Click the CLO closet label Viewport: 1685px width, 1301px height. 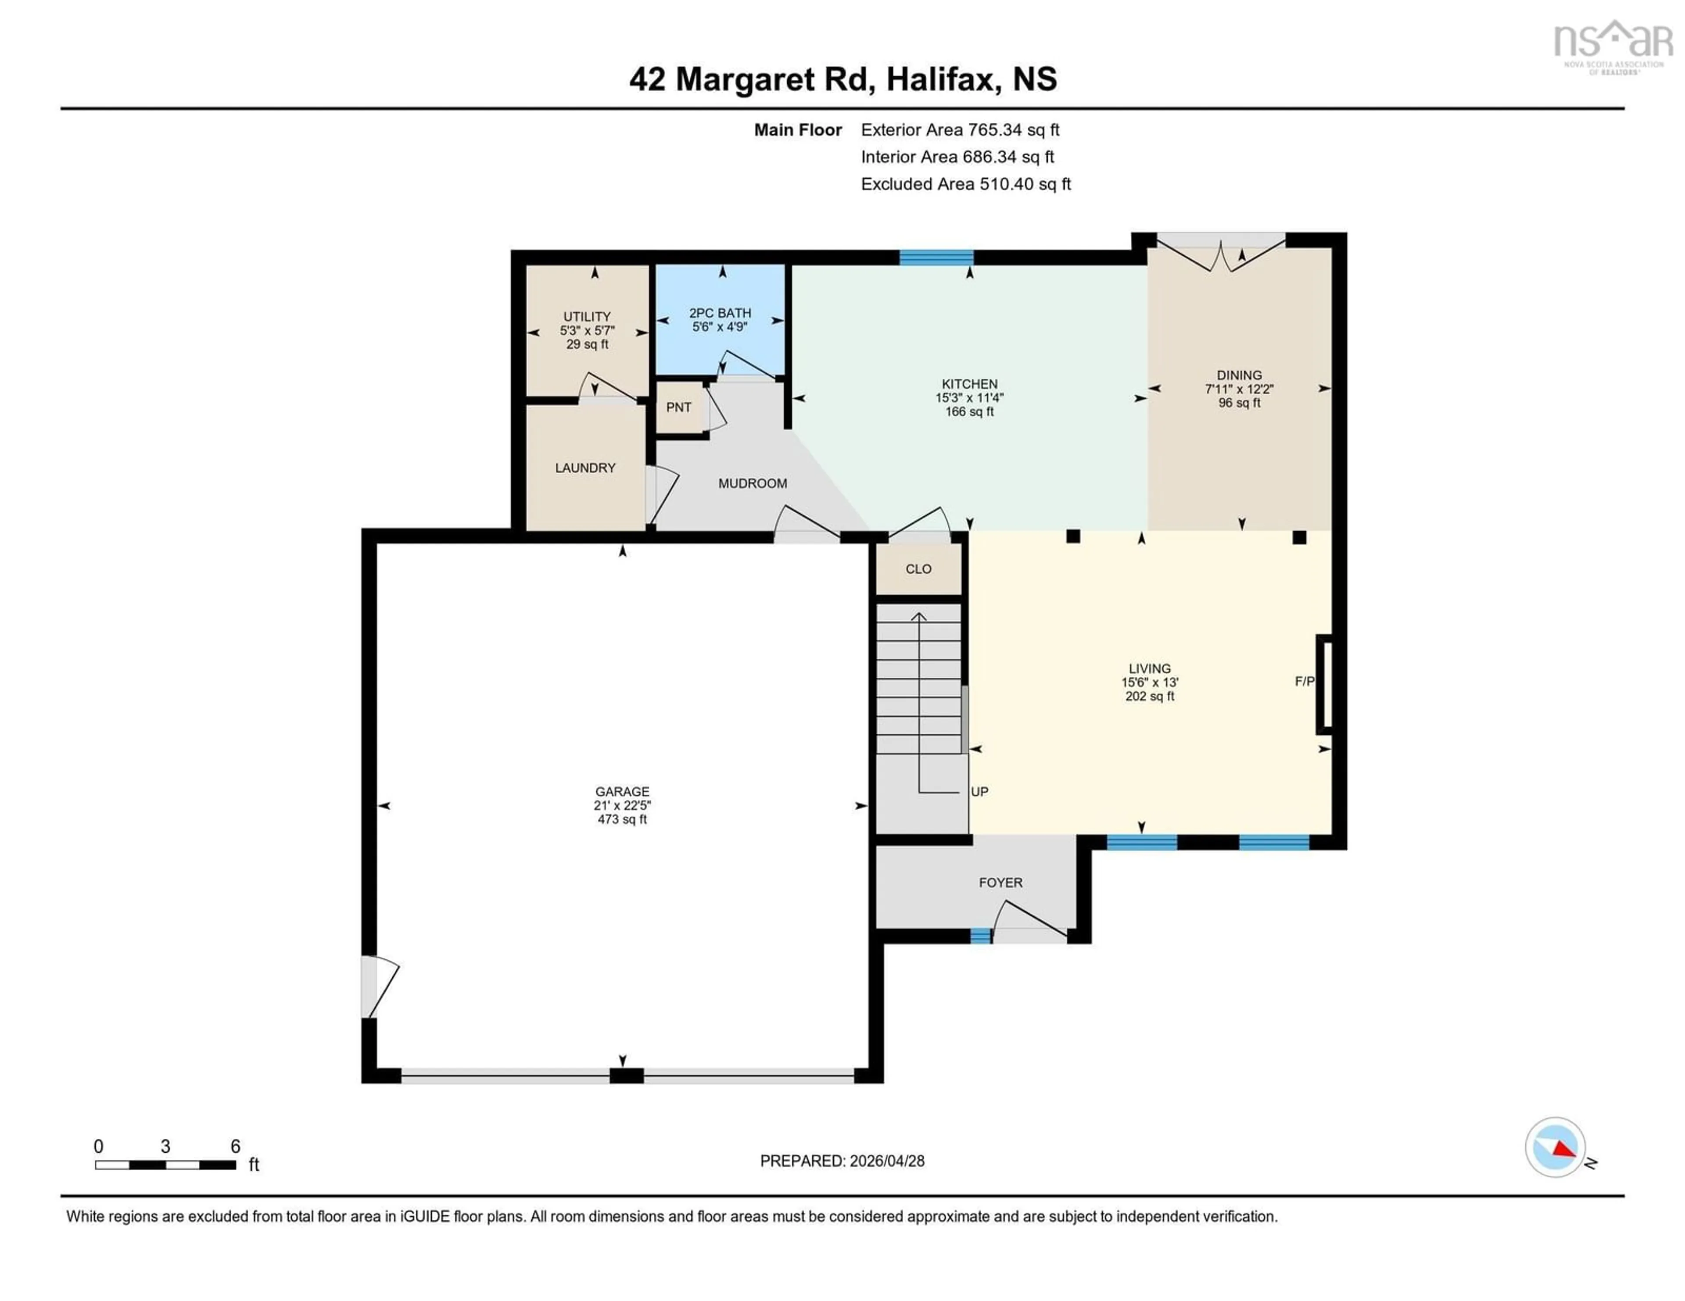pos(918,569)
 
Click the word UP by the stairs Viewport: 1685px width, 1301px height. pos(979,791)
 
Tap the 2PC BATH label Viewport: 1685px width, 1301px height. pos(720,313)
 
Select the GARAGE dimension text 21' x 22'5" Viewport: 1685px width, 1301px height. pos(622,805)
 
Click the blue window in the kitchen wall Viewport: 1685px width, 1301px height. pos(936,257)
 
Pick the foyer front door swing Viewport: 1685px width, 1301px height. pos(1030,922)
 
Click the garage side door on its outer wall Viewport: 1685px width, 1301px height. pos(378,987)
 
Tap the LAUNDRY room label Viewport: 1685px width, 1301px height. pos(585,468)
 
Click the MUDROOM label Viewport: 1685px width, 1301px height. pos(752,483)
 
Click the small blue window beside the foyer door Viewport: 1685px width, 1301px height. pos(980,936)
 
